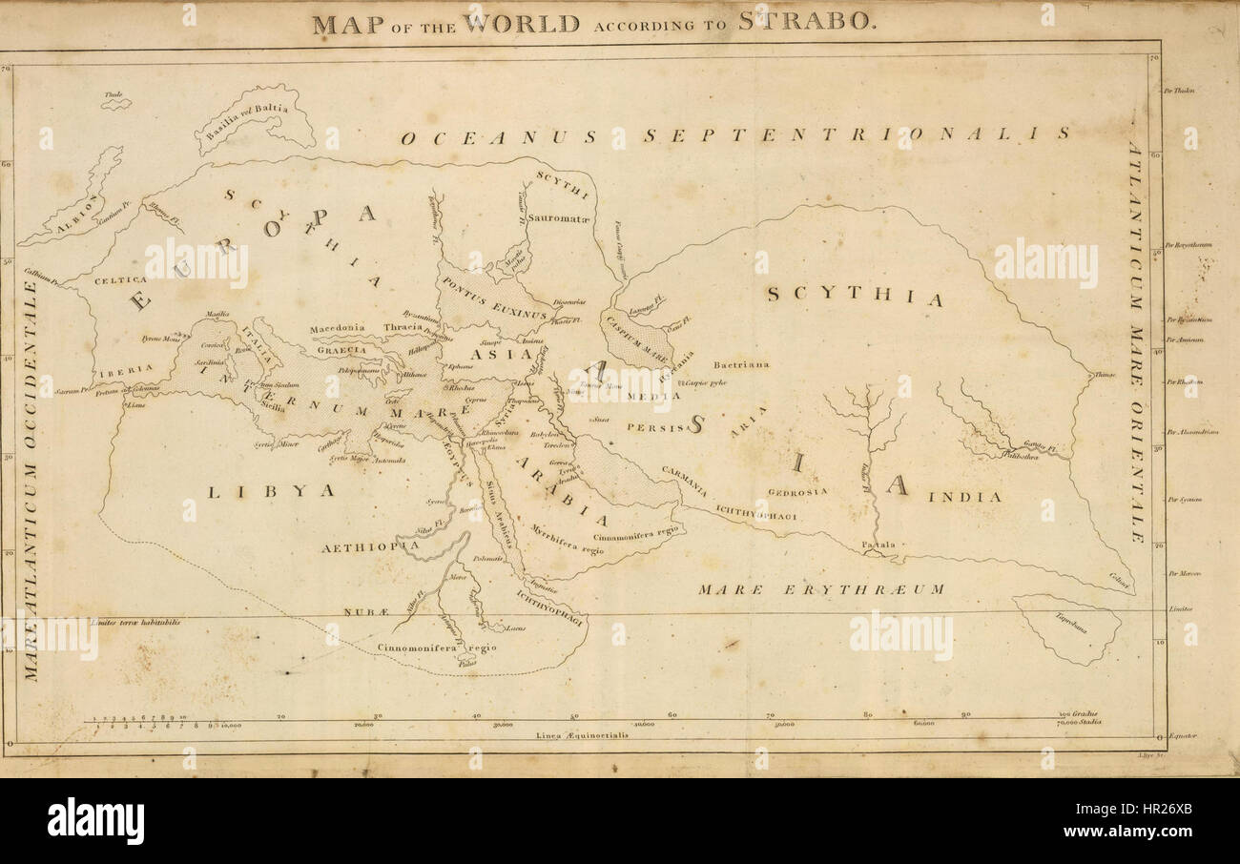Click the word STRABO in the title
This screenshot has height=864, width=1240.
click(x=806, y=22)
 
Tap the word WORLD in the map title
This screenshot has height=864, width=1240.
click(x=522, y=22)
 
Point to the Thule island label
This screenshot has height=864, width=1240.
click(x=115, y=95)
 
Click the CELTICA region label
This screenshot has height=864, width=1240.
click(x=120, y=280)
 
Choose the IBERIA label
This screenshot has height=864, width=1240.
click(x=123, y=368)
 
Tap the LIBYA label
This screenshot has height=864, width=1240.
click(x=272, y=490)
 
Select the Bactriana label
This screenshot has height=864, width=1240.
click(x=741, y=364)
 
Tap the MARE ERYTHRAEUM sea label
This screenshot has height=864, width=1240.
click(x=820, y=589)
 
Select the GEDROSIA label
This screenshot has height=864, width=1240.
click(x=797, y=492)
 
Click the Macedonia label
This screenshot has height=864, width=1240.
click(x=338, y=329)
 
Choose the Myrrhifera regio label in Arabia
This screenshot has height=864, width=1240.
click(x=568, y=539)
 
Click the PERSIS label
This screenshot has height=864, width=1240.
click(x=655, y=428)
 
